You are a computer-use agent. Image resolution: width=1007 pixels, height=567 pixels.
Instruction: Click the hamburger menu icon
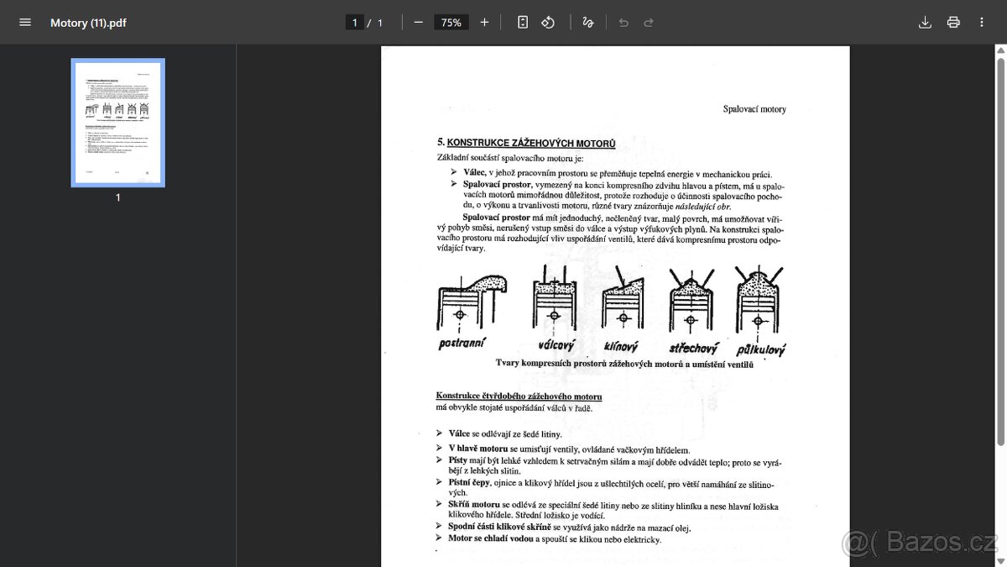click(25, 23)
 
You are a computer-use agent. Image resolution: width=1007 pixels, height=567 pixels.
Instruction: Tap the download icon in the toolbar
click(925, 23)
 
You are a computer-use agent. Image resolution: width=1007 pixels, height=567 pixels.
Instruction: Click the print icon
click(953, 23)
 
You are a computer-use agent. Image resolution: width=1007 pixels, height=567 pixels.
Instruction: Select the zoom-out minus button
click(418, 23)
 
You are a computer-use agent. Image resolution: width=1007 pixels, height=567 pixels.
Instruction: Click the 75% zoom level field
click(451, 23)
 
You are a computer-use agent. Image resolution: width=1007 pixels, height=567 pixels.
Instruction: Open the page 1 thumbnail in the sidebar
click(117, 123)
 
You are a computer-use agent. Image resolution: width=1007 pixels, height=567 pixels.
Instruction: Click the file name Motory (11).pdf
click(88, 23)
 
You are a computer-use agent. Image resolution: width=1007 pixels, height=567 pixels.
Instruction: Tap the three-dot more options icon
click(982, 23)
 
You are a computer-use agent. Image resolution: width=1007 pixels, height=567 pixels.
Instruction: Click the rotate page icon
click(548, 23)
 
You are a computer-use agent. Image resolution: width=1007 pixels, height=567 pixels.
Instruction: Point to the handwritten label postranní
click(462, 344)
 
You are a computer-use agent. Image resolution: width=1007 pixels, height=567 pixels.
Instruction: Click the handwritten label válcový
click(556, 344)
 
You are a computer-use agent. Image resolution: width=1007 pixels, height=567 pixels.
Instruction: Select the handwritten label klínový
click(621, 345)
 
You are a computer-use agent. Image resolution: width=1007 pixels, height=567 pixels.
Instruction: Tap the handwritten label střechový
click(691, 347)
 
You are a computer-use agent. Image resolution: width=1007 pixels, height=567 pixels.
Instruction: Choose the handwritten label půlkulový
click(760, 349)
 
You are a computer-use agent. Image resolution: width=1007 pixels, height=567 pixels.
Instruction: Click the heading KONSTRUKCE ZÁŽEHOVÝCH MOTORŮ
click(530, 144)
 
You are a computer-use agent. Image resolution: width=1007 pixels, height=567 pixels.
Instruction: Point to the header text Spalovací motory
click(754, 109)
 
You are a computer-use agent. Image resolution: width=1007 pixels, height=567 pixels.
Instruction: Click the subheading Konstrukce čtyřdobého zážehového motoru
click(519, 396)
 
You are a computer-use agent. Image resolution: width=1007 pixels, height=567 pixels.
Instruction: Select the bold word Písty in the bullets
click(457, 460)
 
